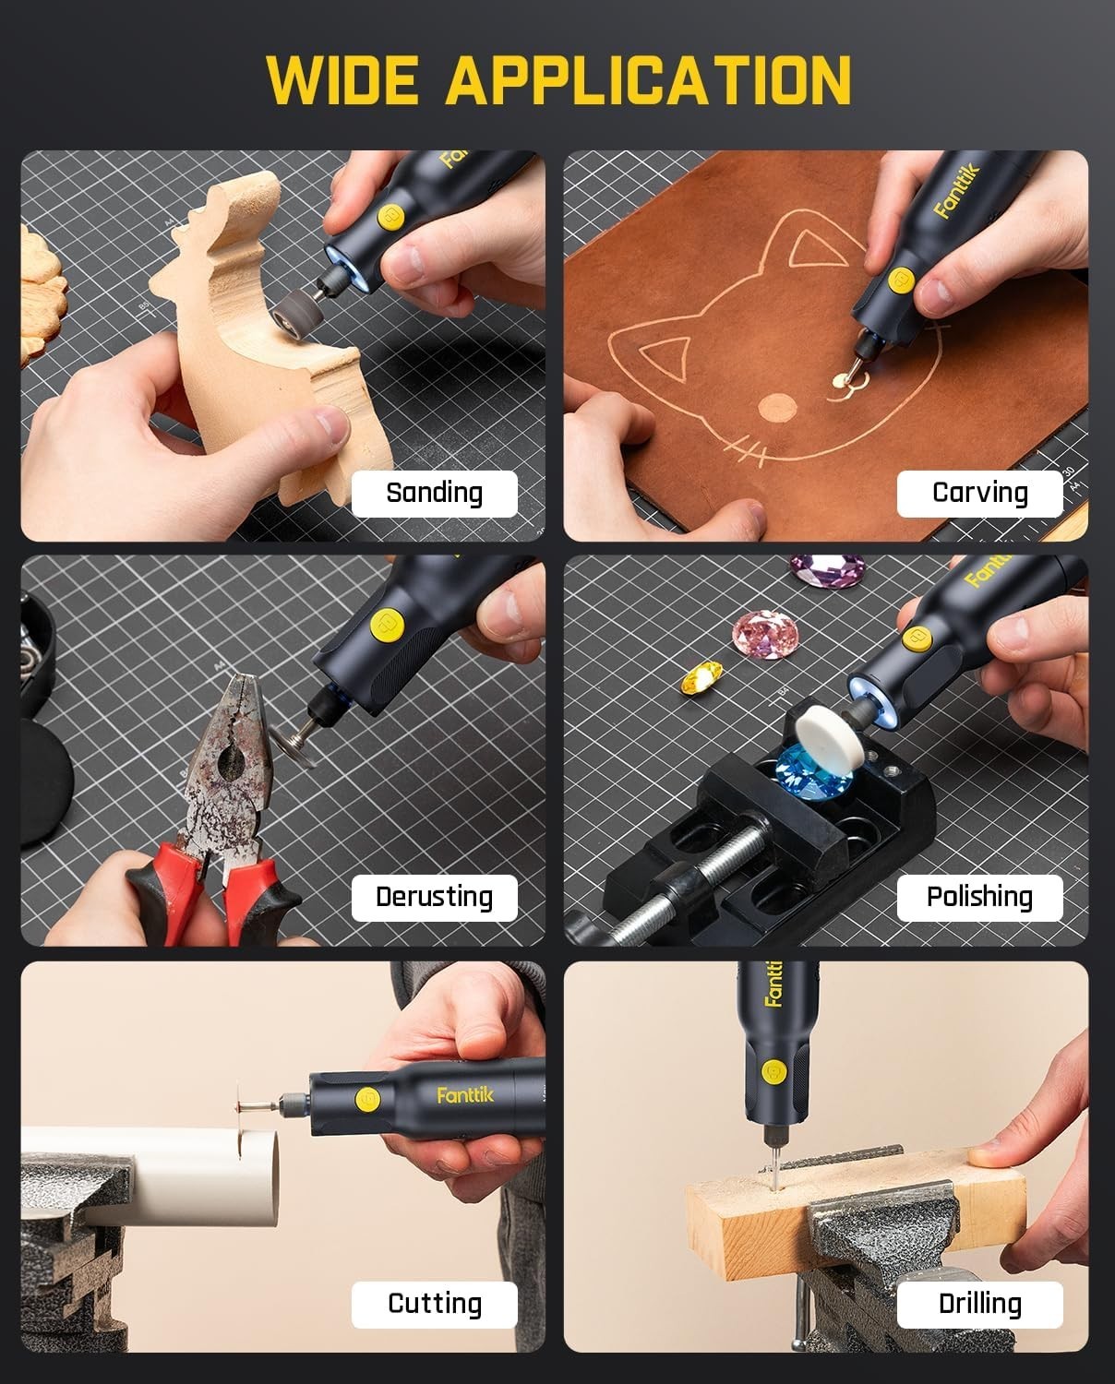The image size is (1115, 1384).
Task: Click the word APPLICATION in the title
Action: [648, 80]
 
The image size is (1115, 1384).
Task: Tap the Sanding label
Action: [434, 493]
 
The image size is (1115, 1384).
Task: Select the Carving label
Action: [979, 493]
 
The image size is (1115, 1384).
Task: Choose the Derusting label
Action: [434, 897]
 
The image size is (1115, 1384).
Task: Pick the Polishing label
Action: [979, 897]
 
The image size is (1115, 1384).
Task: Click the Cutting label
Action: [434, 1304]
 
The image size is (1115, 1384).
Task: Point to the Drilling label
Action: [979, 1304]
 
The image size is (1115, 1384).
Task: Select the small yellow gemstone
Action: [701, 681]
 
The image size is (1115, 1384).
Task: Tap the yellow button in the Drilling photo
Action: [773, 1072]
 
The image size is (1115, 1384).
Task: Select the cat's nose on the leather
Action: [778, 406]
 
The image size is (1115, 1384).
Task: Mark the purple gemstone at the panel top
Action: [826, 568]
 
